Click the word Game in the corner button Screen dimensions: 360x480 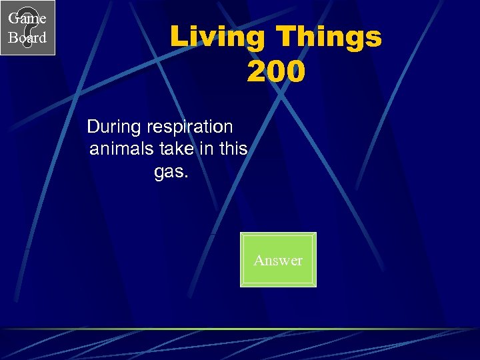tap(27, 18)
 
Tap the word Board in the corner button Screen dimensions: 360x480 tap(27, 38)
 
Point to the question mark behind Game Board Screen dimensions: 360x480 tap(27, 29)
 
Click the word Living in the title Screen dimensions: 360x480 tap(213, 37)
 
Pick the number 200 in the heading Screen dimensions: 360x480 tap(276, 71)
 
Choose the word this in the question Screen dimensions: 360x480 tap(233, 149)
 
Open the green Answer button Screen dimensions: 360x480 tap(278, 260)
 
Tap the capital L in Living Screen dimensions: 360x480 tap(177, 37)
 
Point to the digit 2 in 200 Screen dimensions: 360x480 tap(257, 71)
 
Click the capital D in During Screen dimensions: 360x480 tap(93, 126)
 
